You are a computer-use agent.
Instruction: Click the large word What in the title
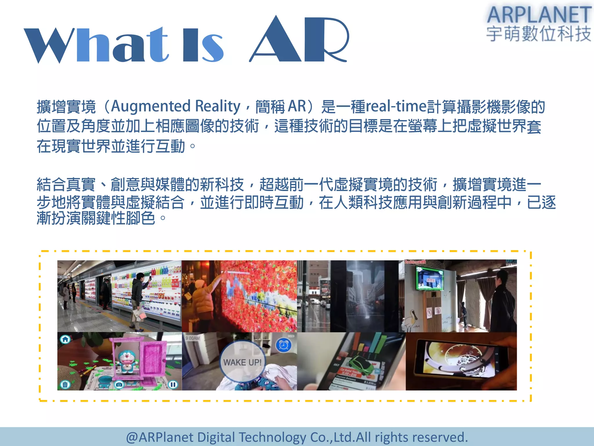coord(96,45)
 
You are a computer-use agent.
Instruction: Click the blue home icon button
coord(65,339)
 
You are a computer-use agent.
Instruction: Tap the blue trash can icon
coord(65,384)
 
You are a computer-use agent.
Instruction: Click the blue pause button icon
coord(173,385)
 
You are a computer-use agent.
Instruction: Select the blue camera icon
coord(119,385)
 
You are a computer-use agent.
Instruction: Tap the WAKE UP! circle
coord(242,362)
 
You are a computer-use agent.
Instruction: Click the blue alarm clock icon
coord(283,345)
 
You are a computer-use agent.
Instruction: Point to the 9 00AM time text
coord(193,338)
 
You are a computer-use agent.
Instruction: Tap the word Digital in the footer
coord(216,437)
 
